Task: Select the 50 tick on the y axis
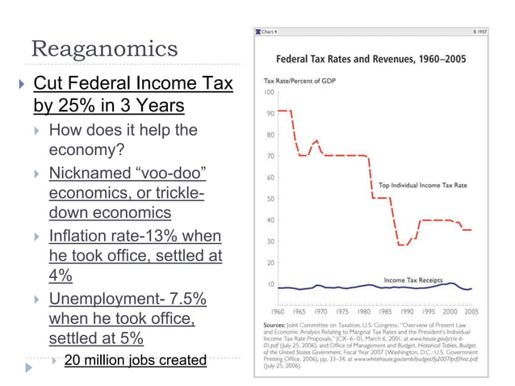tap(269, 199)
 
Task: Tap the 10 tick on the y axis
tap(269, 284)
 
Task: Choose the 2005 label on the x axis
tap(471, 310)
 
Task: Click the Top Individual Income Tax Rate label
tap(424, 185)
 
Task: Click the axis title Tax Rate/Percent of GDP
tap(296, 82)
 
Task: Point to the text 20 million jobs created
tap(135, 360)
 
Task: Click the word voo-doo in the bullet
tap(168, 173)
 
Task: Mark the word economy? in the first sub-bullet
tap(83, 150)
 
